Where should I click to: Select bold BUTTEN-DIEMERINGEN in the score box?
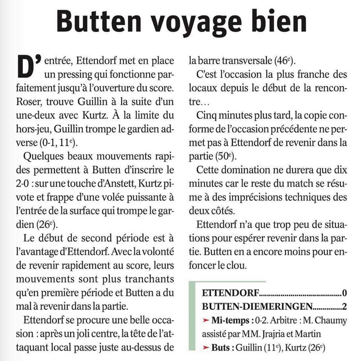256,308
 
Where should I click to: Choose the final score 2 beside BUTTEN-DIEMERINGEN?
344,308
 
